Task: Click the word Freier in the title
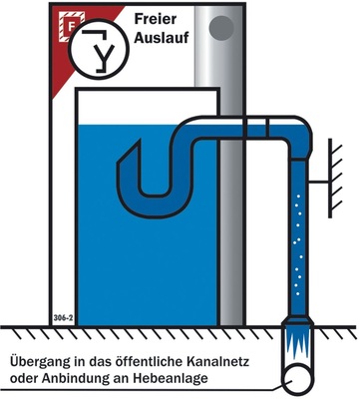coord(156,18)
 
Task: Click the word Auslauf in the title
coord(161,38)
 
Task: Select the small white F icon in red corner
coord(69,17)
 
